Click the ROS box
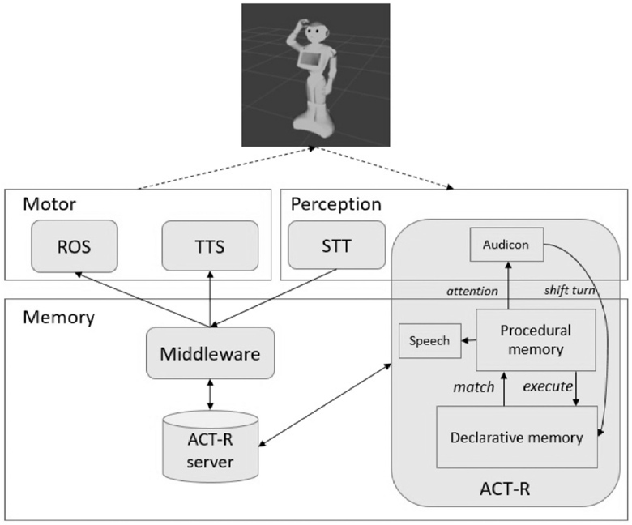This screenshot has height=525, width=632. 75,247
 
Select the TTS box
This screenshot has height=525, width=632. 209,247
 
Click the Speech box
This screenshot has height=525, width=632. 429,341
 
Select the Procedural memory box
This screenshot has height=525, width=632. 535,340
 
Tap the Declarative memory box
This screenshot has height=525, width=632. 516,437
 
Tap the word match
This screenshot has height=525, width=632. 474,387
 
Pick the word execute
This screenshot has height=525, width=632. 547,387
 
